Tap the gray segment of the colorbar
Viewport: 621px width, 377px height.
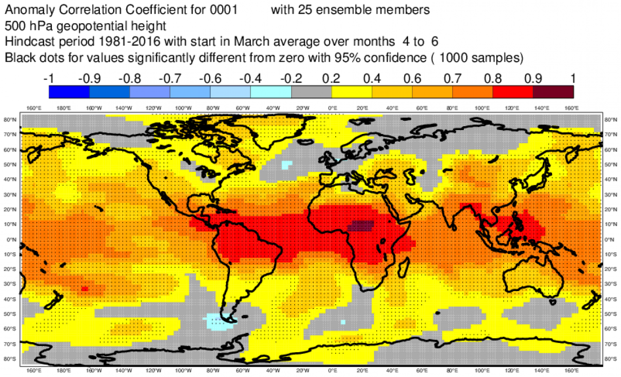coord(311,91)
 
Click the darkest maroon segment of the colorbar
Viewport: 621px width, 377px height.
coord(553,91)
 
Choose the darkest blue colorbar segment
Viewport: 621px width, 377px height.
coord(69,91)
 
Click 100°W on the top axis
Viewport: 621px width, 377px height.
coord(183,108)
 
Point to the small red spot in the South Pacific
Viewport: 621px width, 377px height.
coord(84,289)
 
